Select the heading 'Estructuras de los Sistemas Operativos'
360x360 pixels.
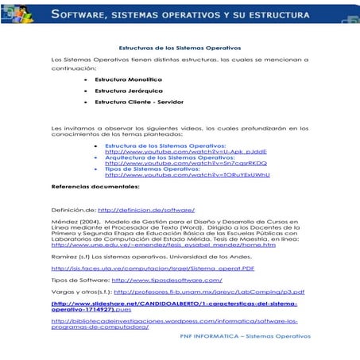coord(178,48)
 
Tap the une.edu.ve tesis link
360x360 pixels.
coord(163,246)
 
